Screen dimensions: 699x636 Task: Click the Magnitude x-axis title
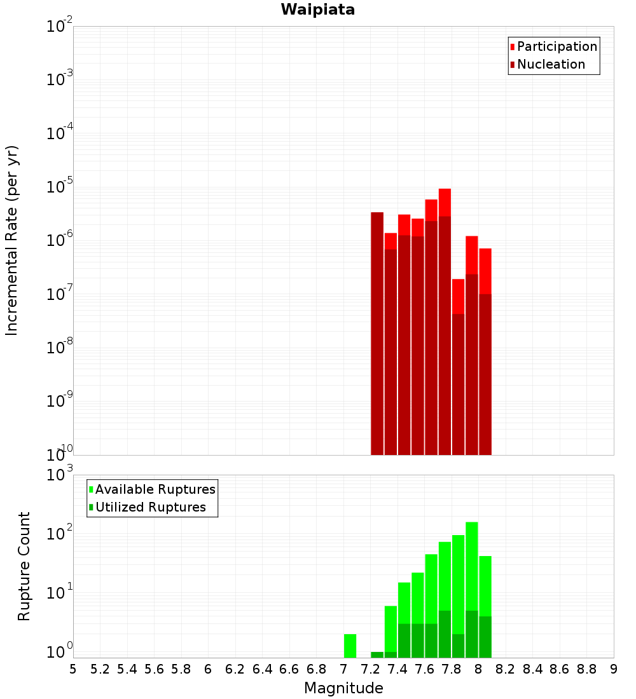pos(343,688)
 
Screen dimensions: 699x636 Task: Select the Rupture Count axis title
pos(24,566)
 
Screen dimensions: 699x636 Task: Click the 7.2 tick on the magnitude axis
pos(370,668)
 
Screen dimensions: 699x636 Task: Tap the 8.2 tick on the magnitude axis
pos(505,668)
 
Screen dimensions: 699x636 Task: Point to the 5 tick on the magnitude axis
pos(73,668)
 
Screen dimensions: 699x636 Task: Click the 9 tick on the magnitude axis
pos(613,668)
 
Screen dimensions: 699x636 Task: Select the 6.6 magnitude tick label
pos(289,668)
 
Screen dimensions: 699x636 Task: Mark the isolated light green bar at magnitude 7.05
pos(350,646)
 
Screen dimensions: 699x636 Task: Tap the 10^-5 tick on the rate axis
pos(60,187)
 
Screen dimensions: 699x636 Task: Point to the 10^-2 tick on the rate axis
pos(60,27)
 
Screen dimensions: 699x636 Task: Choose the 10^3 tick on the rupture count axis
pos(60,475)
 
